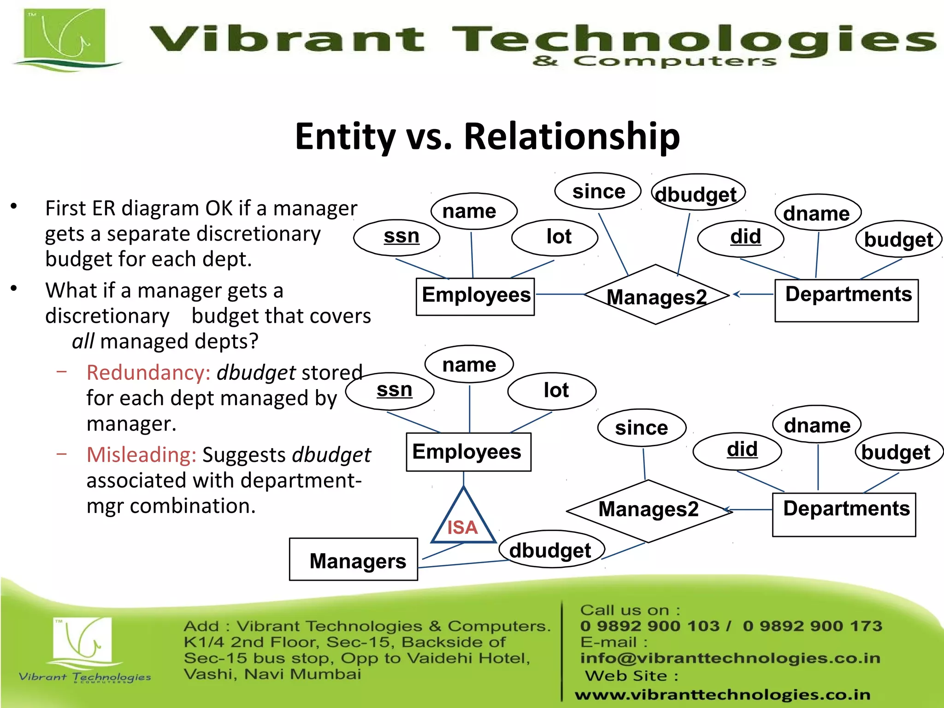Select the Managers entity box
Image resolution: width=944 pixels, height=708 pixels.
[354, 559]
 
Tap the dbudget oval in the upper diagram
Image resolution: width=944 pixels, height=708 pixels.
[698, 193]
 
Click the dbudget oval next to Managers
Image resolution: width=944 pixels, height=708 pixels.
[551, 549]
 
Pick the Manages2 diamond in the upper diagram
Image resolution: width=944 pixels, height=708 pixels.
[656, 295]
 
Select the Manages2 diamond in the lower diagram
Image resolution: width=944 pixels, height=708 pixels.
[649, 510]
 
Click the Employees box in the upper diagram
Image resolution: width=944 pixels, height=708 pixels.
[475, 296]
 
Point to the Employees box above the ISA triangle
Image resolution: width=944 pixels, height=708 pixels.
[468, 452]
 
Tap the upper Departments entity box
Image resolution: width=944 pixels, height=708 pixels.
[846, 300]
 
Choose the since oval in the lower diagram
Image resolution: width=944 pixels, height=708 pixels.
[642, 428]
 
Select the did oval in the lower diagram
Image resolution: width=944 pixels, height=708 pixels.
[737, 450]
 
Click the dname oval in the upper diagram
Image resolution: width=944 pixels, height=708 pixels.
[818, 213]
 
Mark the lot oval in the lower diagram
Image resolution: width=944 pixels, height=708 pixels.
[552, 391]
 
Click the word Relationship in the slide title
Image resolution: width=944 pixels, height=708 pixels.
[572, 136]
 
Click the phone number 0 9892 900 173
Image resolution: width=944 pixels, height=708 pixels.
[812, 626]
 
